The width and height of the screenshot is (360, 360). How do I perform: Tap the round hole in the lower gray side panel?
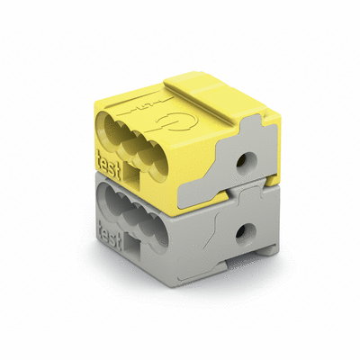pyautogui.click(x=240, y=235)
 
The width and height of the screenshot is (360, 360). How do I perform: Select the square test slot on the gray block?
pyautogui.click(x=131, y=244)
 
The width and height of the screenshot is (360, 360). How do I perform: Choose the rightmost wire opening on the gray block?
pyautogui.click(x=161, y=225)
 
